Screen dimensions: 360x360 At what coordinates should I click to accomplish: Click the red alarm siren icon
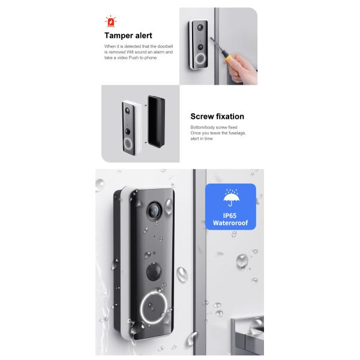110,23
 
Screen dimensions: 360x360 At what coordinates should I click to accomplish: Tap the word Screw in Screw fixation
203,117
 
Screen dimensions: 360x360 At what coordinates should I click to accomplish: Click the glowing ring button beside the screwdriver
199,59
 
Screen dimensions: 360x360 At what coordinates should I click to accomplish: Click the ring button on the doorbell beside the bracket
127,143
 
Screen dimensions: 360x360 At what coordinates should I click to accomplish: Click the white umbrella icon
230,198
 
